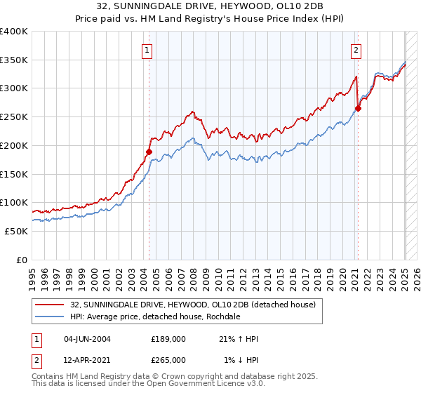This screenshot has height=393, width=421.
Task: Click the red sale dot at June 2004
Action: click(149, 151)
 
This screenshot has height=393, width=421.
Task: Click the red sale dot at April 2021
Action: click(358, 108)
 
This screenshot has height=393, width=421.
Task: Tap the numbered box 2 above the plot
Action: click(356, 50)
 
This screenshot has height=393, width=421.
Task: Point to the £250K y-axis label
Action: click(14, 117)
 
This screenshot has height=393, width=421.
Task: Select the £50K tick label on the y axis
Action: click(16, 231)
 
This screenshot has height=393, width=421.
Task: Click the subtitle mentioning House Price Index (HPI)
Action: click(210, 19)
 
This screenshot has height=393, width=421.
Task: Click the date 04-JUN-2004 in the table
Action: click(87, 339)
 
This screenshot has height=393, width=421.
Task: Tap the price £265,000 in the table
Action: click(168, 359)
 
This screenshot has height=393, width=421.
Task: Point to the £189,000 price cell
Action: click(168, 339)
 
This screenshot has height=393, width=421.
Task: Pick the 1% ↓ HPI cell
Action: click(241, 359)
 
